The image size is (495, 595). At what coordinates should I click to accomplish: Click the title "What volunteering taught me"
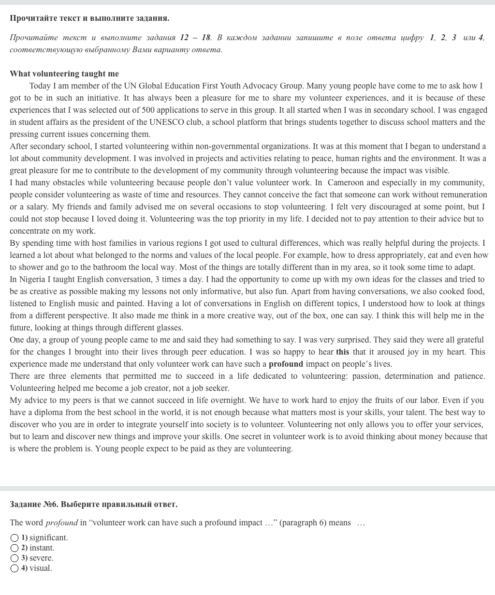(64, 74)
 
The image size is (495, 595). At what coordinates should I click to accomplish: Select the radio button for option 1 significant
(15, 538)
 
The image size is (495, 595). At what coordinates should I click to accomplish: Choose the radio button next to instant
(15, 548)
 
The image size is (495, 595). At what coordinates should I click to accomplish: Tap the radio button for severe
(15, 558)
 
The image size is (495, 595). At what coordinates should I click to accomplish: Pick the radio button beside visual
(15, 568)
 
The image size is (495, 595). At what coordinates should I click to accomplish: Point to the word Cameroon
(346, 182)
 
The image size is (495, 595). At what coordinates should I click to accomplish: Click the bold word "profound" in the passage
(286, 364)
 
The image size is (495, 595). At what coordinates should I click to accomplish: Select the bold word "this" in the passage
(342, 352)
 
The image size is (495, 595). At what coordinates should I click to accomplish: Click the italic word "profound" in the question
(61, 522)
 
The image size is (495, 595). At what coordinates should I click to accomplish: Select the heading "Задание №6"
(34, 504)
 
